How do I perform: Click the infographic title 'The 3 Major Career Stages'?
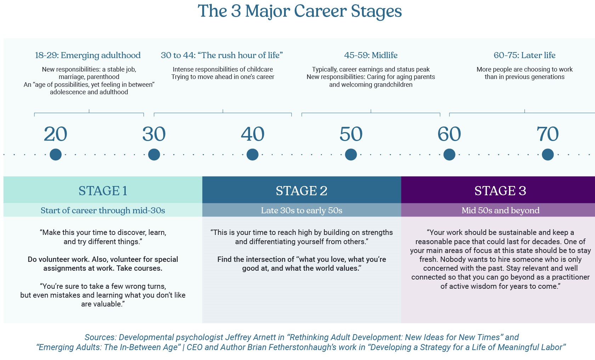point(300,11)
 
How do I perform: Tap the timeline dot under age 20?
point(56,154)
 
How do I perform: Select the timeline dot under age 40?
point(252,154)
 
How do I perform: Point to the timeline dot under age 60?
point(449,154)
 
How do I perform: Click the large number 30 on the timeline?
point(154,134)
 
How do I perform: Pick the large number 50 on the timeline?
point(351,134)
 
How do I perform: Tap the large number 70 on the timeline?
point(548,134)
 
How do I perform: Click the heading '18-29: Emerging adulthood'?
point(88,55)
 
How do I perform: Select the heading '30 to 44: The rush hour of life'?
point(222,55)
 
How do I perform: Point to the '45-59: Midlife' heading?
point(371,55)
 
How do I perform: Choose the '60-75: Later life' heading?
point(525,55)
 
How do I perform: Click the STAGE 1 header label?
point(103,191)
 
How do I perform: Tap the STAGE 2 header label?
point(301,191)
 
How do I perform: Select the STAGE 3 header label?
point(500,191)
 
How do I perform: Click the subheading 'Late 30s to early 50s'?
point(301,210)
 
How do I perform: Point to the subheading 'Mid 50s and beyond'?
point(500,210)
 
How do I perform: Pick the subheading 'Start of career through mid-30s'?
point(103,210)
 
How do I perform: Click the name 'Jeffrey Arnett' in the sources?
point(250,337)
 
